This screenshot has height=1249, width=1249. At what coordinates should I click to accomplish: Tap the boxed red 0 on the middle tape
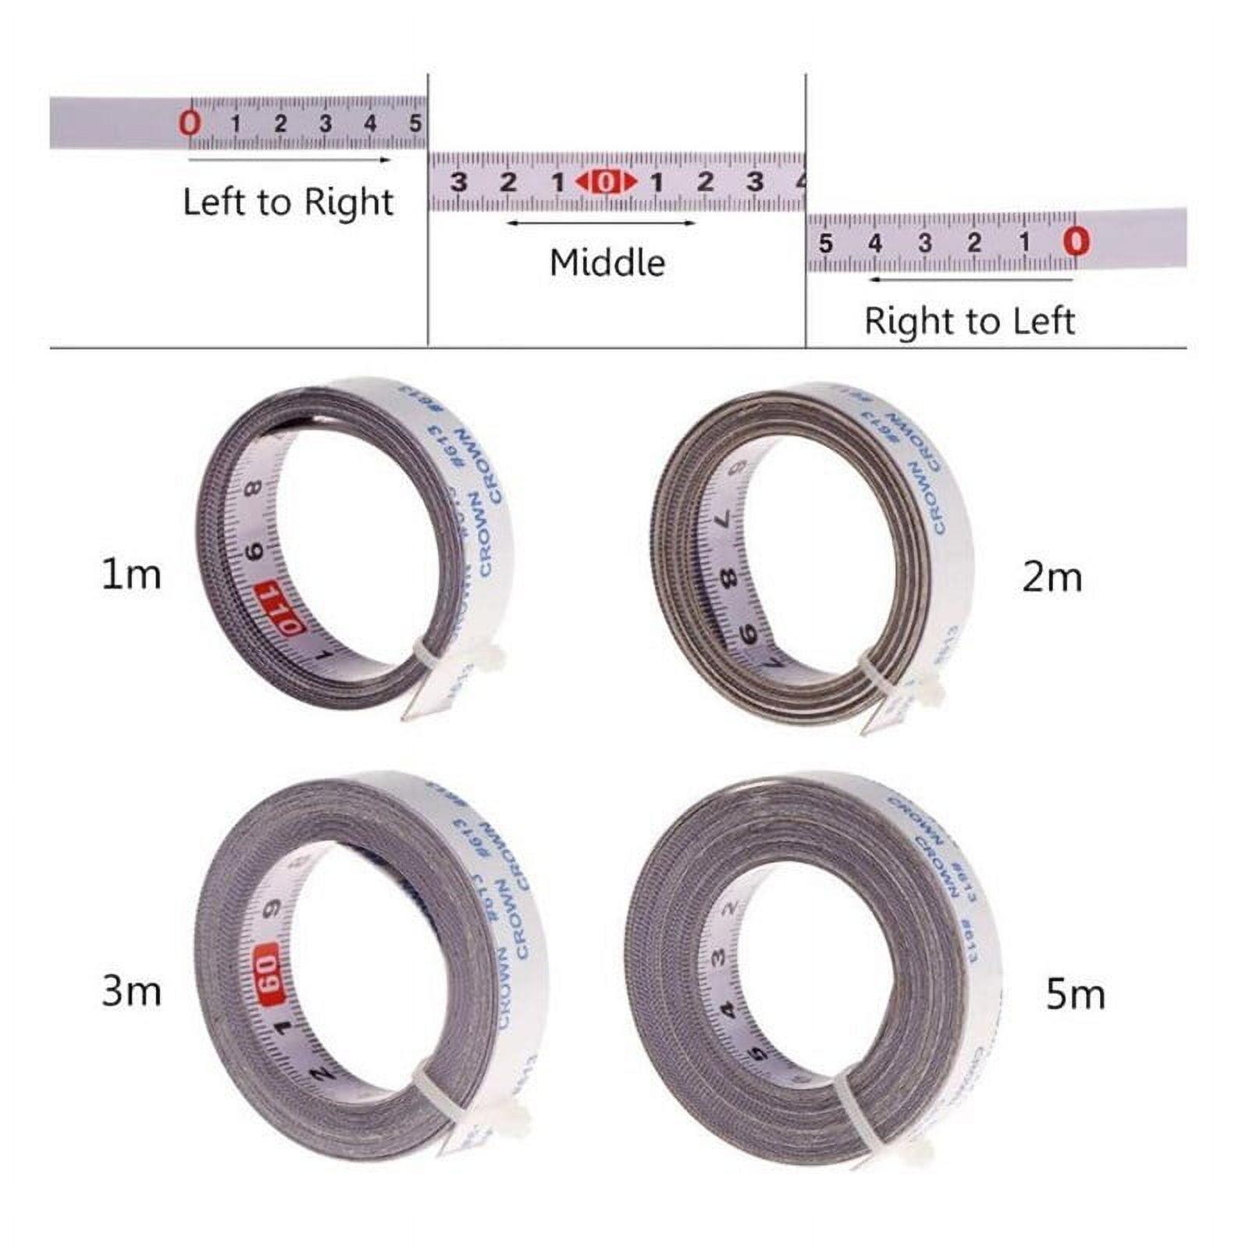(x=607, y=182)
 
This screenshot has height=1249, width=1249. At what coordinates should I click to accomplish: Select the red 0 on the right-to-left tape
(x=1076, y=241)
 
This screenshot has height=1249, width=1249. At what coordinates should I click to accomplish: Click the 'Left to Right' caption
(x=288, y=202)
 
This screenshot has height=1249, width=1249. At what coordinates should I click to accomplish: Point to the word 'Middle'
(x=607, y=262)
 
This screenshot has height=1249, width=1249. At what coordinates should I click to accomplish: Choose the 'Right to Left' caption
(x=970, y=321)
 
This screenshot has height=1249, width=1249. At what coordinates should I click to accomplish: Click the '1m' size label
(x=131, y=575)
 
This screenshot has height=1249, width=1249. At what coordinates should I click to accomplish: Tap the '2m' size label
(x=1052, y=578)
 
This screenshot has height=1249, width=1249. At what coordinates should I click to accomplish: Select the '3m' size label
(x=131, y=991)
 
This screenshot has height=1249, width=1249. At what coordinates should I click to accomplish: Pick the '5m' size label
(x=1075, y=995)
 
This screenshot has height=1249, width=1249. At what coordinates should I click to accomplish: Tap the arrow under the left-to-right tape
(x=289, y=160)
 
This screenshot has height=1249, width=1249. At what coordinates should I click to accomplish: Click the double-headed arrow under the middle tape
(x=600, y=223)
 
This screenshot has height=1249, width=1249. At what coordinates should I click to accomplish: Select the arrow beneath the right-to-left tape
(x=971, y=279)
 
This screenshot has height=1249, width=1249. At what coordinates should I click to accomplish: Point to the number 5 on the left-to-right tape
(x=415, y=123)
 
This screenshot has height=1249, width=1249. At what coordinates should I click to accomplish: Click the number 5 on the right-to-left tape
(x=825, y=244)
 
